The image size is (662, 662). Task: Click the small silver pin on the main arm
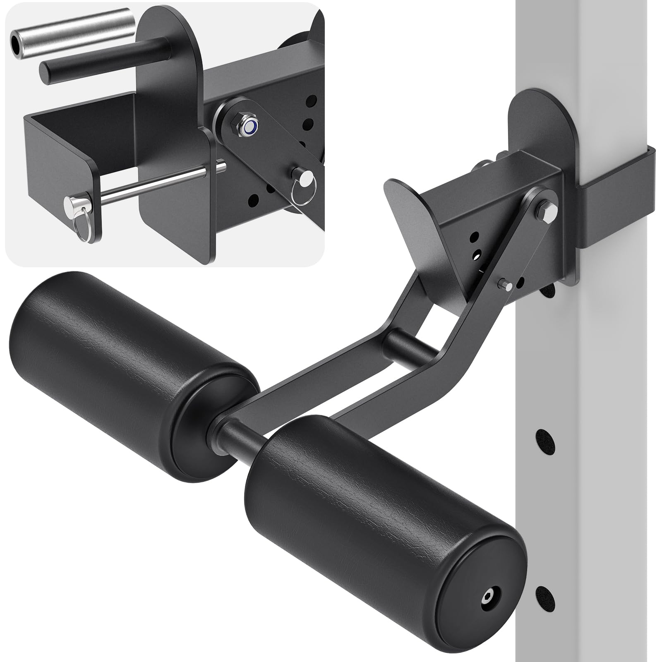click(x=506, y=284)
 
